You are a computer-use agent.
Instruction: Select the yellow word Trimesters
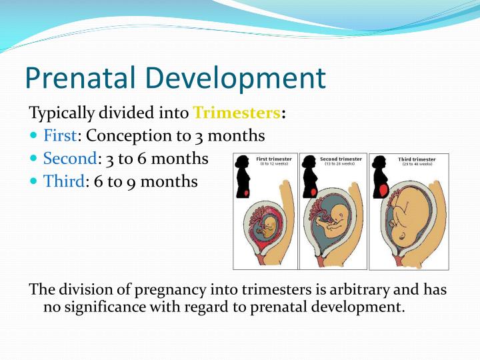(237, 112)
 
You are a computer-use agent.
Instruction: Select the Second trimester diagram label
(341, 159)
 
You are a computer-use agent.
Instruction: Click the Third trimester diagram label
(417, 160)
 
